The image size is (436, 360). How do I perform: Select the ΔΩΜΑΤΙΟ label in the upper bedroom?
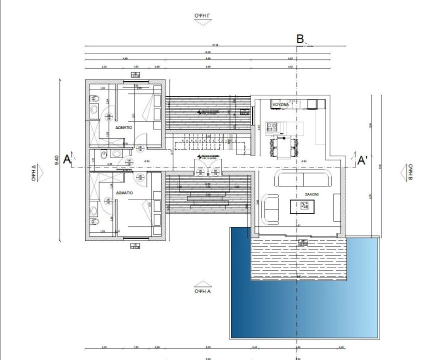point(123,127)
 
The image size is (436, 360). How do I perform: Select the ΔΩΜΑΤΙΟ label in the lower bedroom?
point(123,192)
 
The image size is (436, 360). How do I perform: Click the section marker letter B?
point(300,39)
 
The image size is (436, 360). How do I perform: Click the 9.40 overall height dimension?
point(56,160)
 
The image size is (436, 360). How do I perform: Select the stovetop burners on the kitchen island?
point(273,127)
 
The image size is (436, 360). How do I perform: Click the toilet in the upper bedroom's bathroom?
point(93,108)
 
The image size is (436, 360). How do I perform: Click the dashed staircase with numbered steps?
point(204,145)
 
